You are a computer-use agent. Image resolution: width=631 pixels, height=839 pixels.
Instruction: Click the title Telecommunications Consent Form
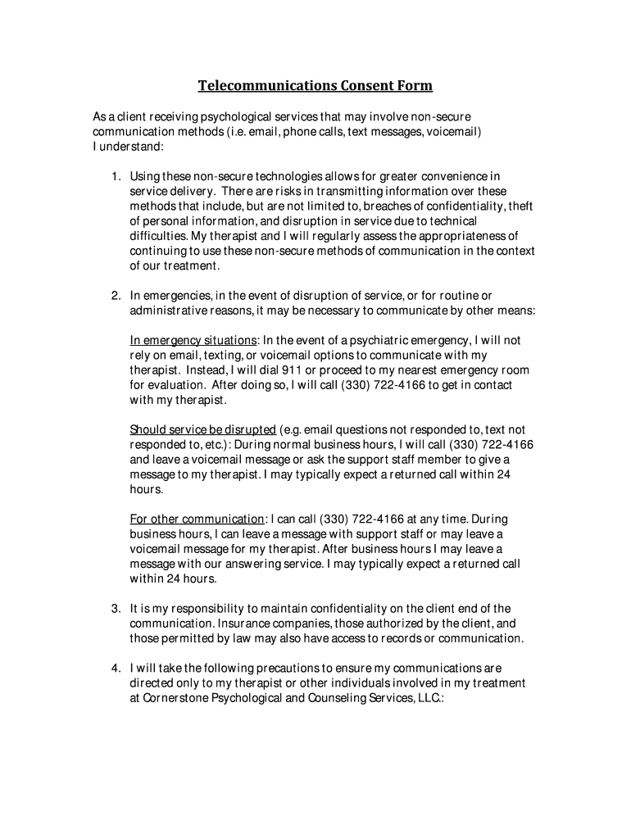(315, 86)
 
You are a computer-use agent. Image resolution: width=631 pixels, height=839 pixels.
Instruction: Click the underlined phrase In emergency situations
(193, 340)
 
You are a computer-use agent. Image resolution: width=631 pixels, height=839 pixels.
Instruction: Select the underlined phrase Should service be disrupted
(202, 430)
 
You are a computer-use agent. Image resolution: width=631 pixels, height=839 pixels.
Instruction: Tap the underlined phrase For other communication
(197, 519)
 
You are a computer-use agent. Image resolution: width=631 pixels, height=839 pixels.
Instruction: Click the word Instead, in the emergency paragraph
(207, 370)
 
